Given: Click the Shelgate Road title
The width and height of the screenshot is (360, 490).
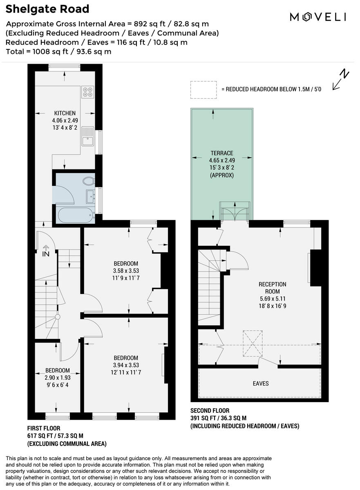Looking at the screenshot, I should click(47, 9).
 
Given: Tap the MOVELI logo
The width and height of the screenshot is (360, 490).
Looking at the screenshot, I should click(318, 17).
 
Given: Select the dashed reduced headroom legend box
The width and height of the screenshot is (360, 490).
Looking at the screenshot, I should click(203, 89).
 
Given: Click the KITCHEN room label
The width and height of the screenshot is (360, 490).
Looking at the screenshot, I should click(65, 113).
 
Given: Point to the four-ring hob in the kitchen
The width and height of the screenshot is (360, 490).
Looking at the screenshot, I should click(87, 92).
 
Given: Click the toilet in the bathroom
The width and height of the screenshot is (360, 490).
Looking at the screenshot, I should click(87, 180).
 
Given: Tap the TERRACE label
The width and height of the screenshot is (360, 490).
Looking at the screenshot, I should click(221, 153).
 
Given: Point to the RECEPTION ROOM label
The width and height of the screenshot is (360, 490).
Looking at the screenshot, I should click(272, 288).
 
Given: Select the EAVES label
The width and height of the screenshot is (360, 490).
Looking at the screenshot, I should click(260, 383).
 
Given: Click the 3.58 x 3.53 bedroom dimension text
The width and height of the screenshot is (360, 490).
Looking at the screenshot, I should click(125, 271).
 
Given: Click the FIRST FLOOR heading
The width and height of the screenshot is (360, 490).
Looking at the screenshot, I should click(44, 428).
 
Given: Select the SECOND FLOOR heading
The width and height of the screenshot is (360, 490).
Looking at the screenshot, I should click(210, 410).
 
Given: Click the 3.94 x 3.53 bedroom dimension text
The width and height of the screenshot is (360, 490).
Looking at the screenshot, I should click(125, 365).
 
